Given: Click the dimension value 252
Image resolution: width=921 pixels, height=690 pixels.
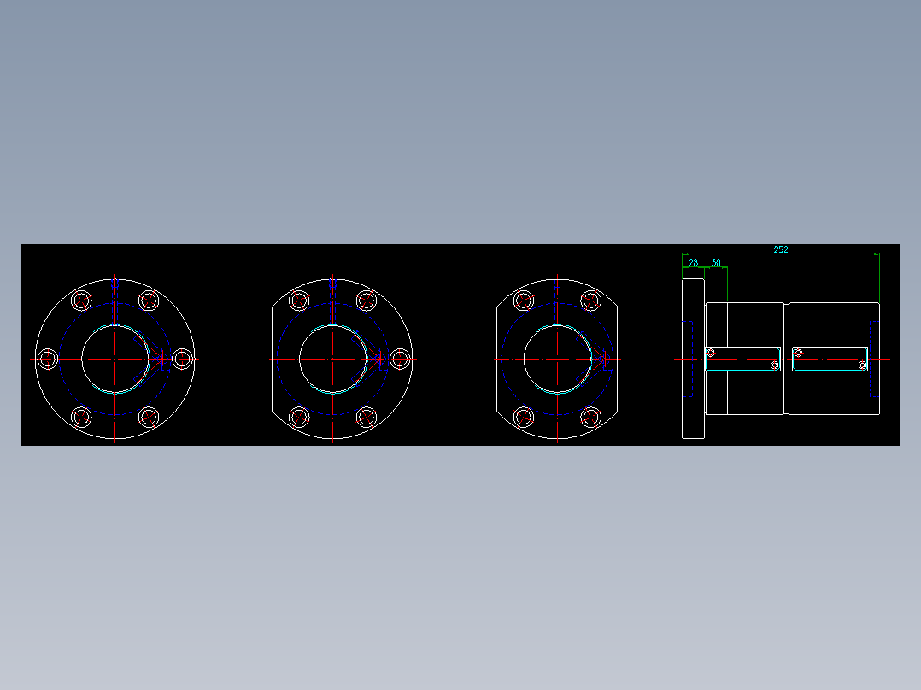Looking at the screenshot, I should tap(781, 249).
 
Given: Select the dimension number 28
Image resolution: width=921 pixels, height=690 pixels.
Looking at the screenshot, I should tap(693, 263).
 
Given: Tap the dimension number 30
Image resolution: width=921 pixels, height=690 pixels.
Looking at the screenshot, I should tap(716, 263).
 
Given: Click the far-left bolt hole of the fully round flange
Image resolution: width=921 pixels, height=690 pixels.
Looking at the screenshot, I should tap(48, 360).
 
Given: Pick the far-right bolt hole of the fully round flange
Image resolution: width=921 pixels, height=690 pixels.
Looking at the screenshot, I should tap(181, 360).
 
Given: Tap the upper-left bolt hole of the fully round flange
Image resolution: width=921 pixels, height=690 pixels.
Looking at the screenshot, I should tap(81, 301).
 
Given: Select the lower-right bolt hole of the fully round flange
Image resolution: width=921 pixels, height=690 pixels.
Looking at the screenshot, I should tap(149, 418).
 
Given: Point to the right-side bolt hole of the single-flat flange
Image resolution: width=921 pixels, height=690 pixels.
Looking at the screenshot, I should tap(399, 360).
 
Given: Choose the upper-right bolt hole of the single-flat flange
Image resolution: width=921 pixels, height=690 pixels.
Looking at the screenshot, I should tap(367, 301).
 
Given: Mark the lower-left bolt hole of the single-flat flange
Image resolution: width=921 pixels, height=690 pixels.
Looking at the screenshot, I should tap(299, 418).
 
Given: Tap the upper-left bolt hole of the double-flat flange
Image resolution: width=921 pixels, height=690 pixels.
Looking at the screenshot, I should tap(523, 301).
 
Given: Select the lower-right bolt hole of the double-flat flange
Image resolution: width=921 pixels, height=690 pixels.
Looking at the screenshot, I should tap(590, 418).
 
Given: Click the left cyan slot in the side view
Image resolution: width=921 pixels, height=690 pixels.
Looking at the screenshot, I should tap(742, 359).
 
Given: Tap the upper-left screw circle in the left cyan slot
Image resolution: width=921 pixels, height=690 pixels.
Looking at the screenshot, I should tap(711, 353).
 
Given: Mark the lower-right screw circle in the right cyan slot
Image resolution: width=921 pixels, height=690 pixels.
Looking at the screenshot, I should tap(862, 365).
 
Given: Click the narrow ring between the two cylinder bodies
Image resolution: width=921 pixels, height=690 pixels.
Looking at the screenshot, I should tap(786, 359).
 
